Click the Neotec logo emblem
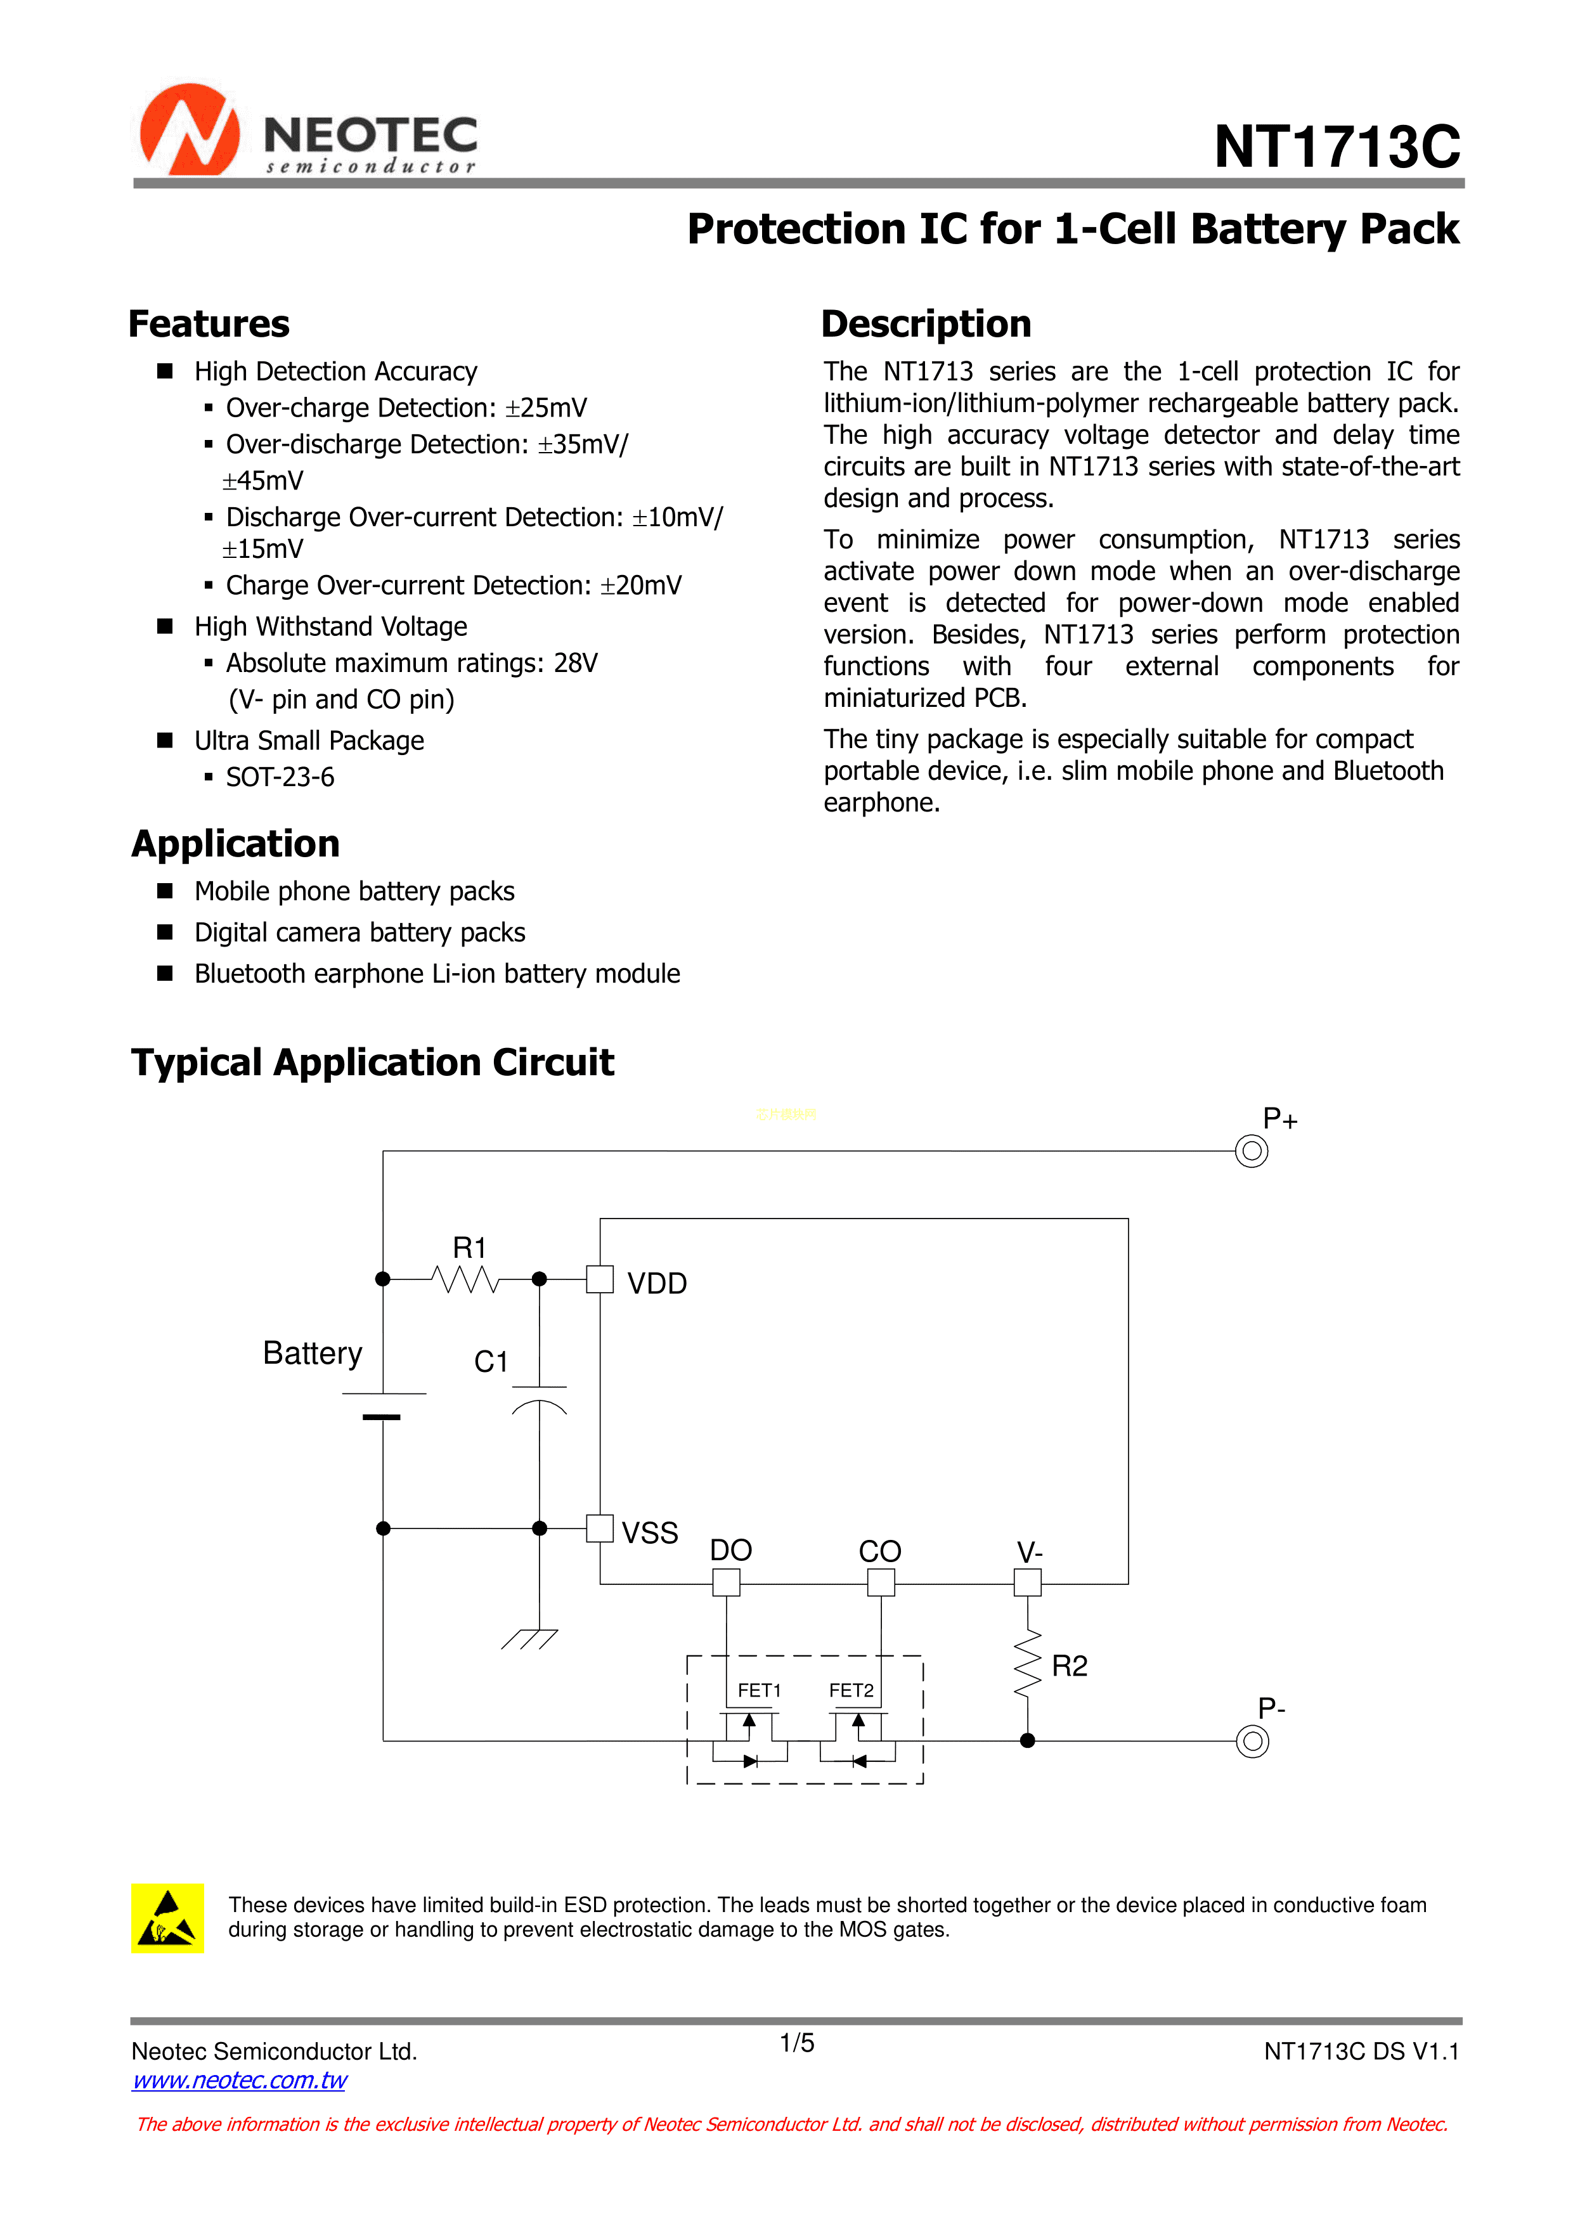coord(190,131)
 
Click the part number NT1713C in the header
coord(1337,147)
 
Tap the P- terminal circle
coord(1252,1742)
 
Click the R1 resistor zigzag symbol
coord(466,1279)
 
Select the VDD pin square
coord(600,1279)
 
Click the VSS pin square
coord(600,1529)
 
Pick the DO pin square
coord(727,1583)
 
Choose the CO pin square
coord(881,1583)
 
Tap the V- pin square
coord(1028,1583)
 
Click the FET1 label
coord(760,1690)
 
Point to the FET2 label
coord(851,1690)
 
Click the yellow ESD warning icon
coord(167,1918)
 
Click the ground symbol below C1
coord(530,1638)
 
